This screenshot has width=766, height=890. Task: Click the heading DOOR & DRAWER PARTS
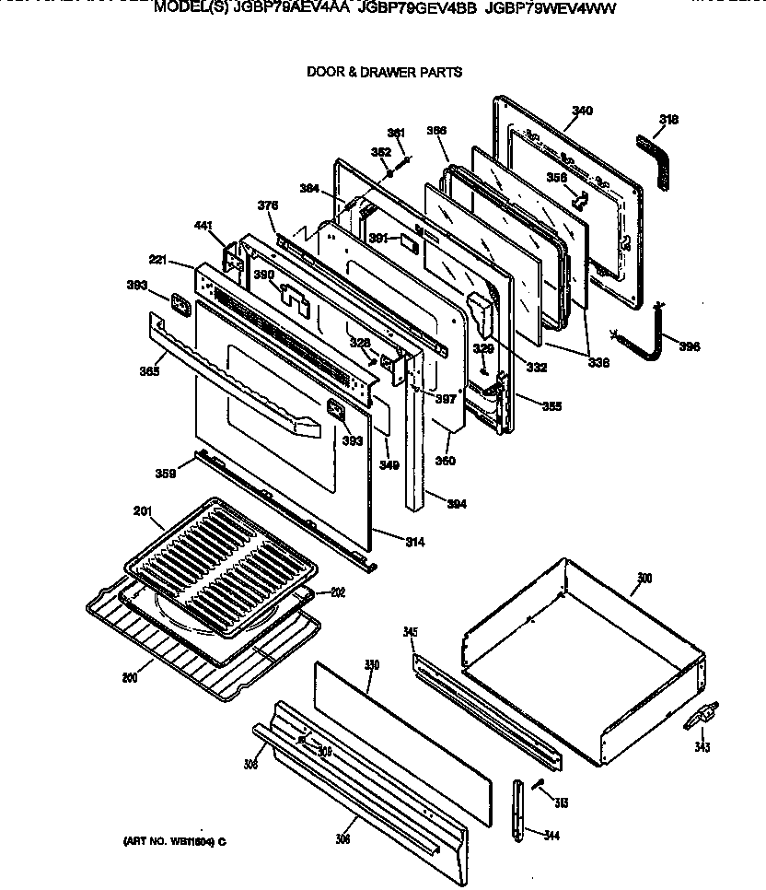coord(384,72)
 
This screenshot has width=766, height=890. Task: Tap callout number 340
coord(582,111)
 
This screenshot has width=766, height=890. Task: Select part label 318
coord(669,119)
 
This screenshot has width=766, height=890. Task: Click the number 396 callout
coord(689,346)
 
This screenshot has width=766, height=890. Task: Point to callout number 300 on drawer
coord(644,579)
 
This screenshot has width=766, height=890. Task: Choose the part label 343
coord(702,747)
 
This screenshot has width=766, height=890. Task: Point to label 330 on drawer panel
coord(372,663)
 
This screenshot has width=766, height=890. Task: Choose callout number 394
coord(456,504)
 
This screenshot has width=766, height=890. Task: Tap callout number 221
coord(159,262)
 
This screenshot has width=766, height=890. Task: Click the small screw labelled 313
coord(541,784)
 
